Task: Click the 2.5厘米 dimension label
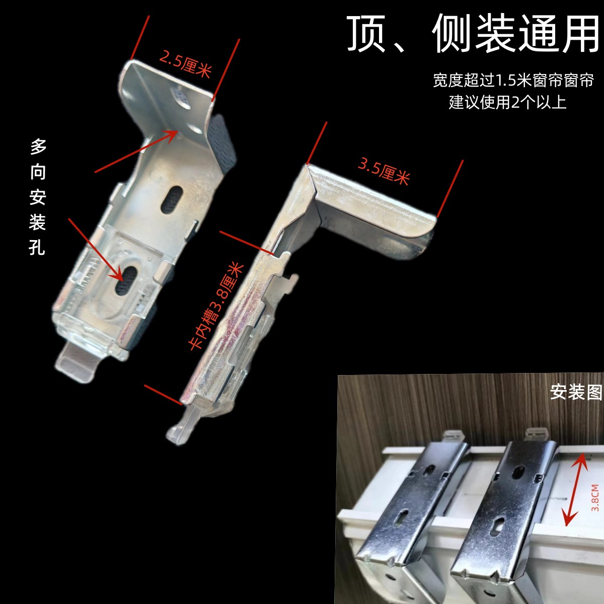[184, 64]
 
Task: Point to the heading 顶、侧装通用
[473, 34]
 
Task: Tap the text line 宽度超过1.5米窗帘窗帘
[513, 80]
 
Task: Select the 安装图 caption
[576, 392]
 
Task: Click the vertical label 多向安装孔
[38, 196]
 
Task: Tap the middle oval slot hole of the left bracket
[172, 198]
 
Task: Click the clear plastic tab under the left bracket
[75, 360]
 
